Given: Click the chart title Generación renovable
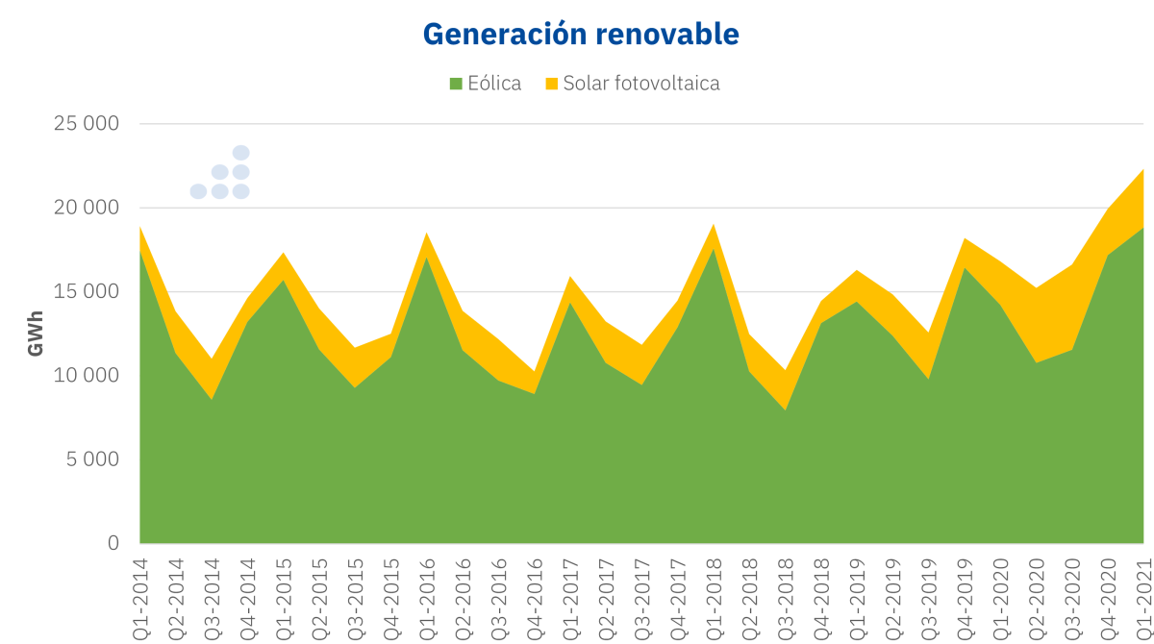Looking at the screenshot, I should click(581, 34).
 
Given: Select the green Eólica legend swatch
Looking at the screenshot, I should click(456, 84).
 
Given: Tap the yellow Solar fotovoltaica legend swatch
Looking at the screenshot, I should click(551, 84).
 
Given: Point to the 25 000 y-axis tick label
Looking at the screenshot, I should click(86, 124).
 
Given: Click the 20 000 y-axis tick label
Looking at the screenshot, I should click(86, 208).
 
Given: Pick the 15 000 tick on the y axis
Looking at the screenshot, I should click(86, 291).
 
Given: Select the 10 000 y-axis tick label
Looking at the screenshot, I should click(86, 375).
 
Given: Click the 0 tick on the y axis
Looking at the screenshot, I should click(113, 543).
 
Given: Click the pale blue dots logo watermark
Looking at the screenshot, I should click(221, 173).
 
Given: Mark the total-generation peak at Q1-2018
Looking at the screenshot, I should click(714, 225).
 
